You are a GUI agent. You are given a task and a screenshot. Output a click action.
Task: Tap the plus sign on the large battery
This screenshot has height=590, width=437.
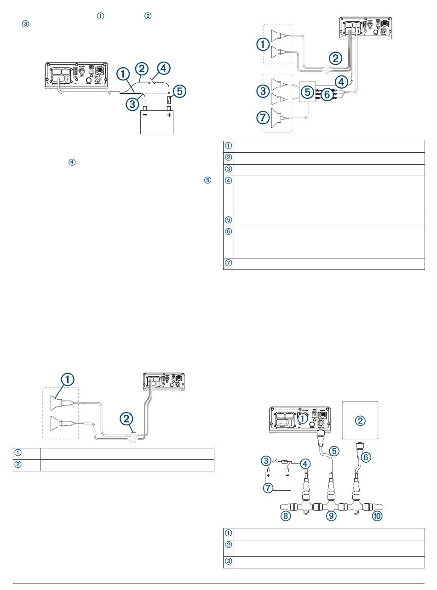coord(169,115)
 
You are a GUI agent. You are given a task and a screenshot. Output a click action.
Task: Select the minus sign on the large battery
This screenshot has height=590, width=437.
coord(145,115)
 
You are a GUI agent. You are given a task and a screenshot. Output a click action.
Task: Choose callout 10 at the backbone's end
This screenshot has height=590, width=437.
coord(377,516)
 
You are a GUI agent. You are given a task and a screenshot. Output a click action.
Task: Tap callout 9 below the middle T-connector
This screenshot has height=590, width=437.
coord(331,516)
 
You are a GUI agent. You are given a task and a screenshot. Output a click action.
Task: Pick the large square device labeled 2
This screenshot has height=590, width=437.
coord(361,419)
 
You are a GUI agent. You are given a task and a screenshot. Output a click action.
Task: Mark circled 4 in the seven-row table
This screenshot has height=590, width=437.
coord(229,181)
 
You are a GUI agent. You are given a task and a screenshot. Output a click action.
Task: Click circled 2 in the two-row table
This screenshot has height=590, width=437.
coord(18,464)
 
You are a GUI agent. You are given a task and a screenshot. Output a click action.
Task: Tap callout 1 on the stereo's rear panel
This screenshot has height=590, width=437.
coord(302,419)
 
